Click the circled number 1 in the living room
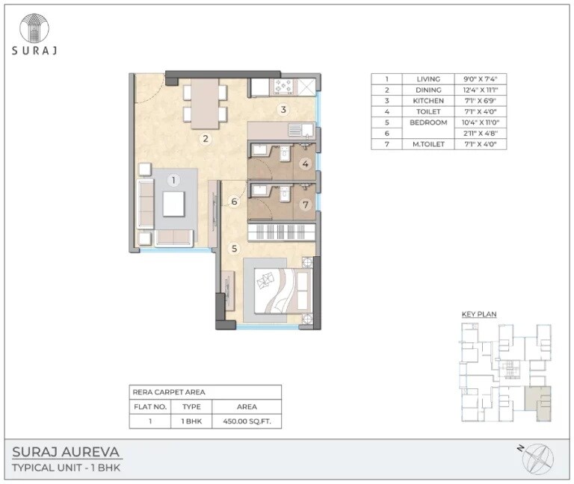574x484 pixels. [173, 180]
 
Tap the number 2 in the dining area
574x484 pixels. [204, 138]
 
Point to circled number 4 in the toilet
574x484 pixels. [305, 164]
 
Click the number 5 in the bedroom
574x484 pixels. [234, 249]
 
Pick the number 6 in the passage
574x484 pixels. [234, 201]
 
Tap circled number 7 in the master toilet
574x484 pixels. [305, 204]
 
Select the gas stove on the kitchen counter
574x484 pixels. [285, 87]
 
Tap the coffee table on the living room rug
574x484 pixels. [173, 204]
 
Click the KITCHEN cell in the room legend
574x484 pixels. [429, 100]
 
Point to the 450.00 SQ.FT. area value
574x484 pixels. [246, 421]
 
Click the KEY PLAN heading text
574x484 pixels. [480, 314]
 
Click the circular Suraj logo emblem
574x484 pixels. [34, 31]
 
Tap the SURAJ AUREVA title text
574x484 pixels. [66, 452]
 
